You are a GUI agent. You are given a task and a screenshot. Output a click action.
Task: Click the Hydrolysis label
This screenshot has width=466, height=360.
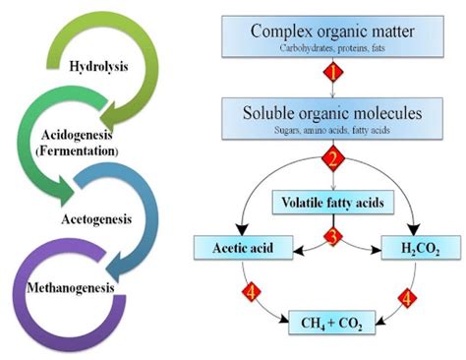(101, 66)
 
